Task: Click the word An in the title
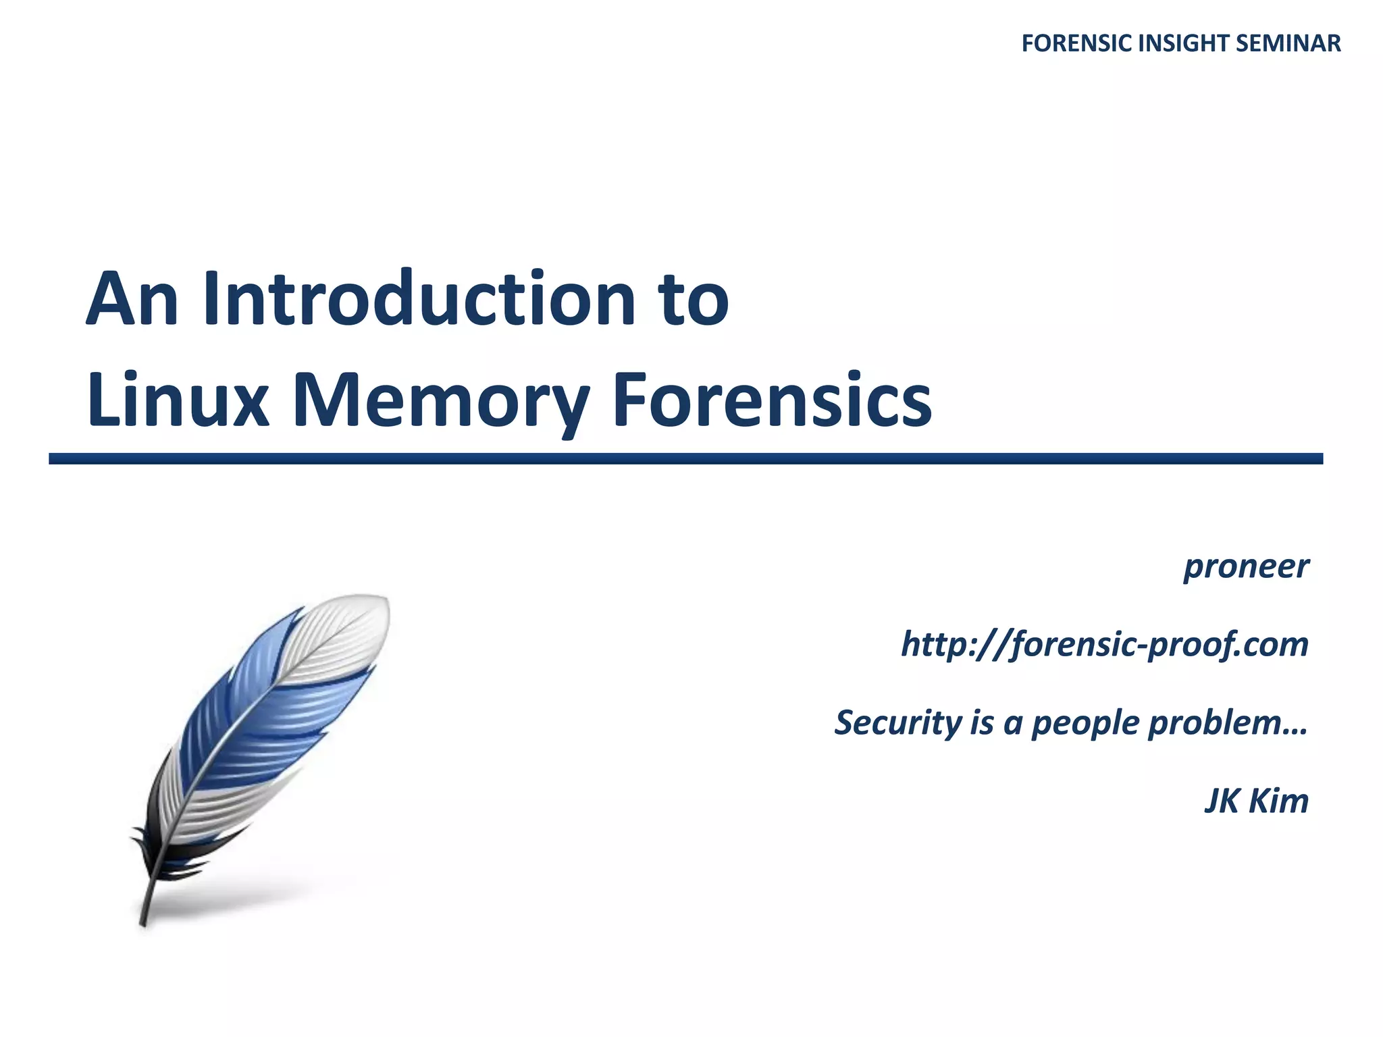point(132,299)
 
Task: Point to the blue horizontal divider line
point(685,459)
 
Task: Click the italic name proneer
point(1246,567)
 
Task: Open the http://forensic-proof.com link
point(1105,645)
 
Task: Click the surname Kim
point(1278,801)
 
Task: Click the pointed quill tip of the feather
point(143,920)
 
